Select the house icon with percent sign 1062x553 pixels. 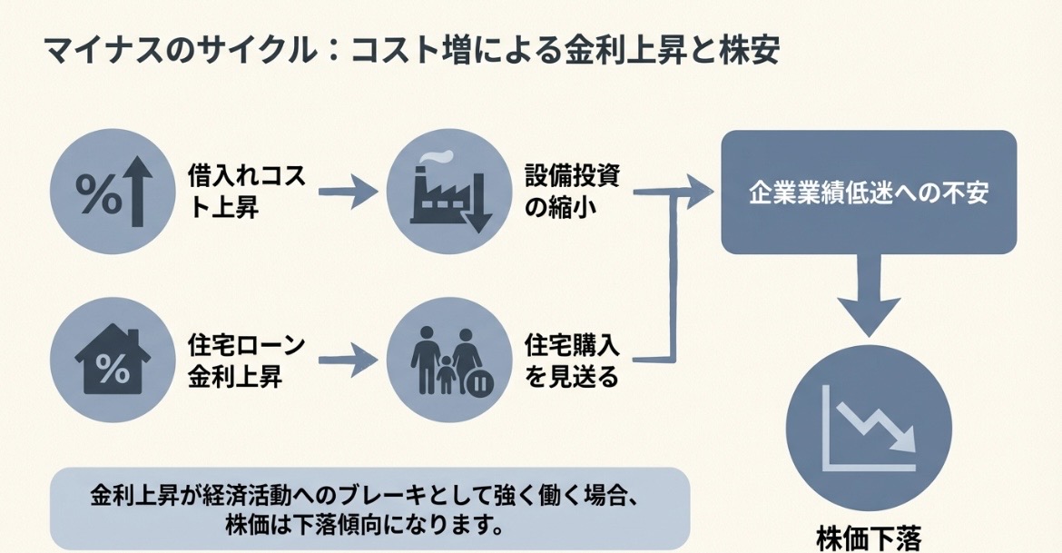click(111, 360)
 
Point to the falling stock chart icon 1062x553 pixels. click(869, 428)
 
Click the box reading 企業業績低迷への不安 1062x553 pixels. click(868, 193)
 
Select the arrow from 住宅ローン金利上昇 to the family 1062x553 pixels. click(349, 360)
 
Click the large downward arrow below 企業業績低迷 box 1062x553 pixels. click(869, 295)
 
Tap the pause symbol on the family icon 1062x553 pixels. click(478, 383)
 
